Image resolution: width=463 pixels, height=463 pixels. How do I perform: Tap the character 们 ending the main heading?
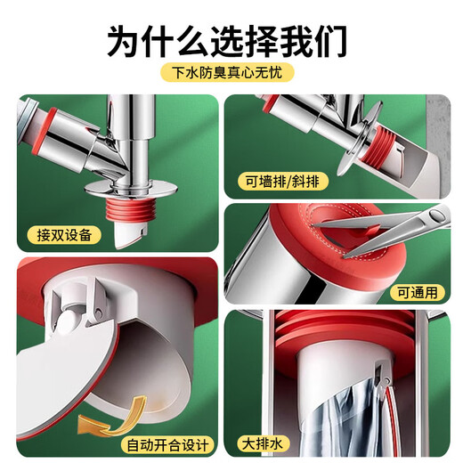coord(336,39)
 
